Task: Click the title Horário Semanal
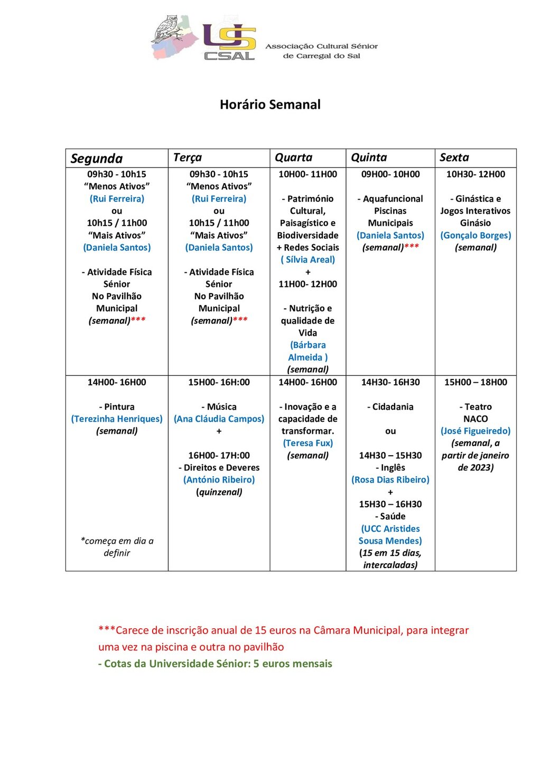(x=270, y=105)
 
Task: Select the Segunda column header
(x=97, y=158)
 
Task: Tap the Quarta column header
(x=294, y=157)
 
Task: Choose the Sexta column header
(x=454, y=157)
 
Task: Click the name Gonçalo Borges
(x=475, y=235)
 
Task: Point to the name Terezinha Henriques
(x=117, y=419)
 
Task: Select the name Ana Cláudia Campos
(x=219, y=419)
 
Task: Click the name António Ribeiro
(x=219, y=480)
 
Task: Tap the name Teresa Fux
(x=307, y=443)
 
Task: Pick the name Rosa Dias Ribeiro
(x=390, y=480)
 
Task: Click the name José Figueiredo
(x=475, y=431)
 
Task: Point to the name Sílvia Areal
(x=307, y=260)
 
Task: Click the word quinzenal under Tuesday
(x=219, y=492)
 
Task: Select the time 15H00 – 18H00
(x=475, y=382)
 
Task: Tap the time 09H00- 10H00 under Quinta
(x=390, y=174)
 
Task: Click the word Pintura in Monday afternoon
(x=119, y=407)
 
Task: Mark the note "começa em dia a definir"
(x=117, y=547)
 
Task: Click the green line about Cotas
(x=215, y=664)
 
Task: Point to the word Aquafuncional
(x=393, y=199)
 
